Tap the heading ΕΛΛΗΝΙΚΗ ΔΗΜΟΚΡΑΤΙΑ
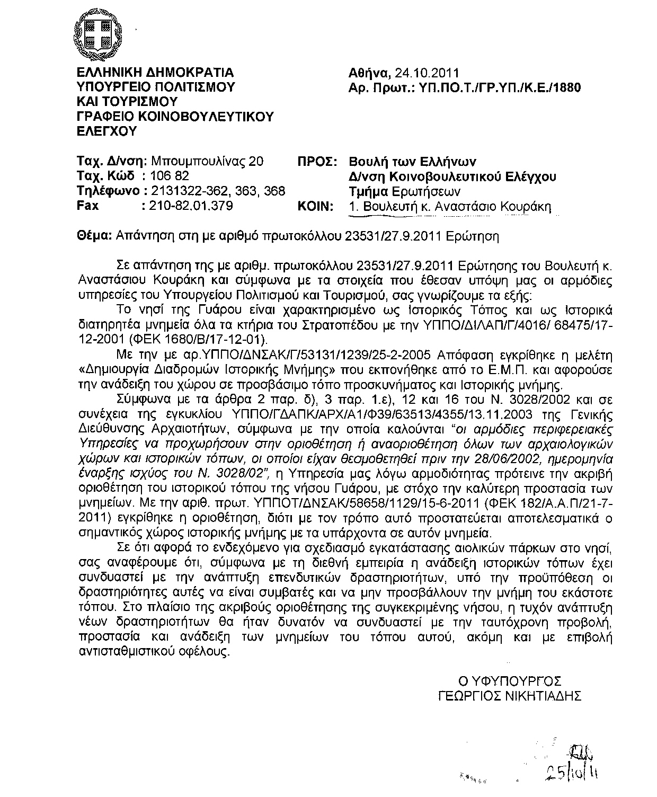click(x=155, y=73)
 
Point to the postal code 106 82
click(x=170, y=176)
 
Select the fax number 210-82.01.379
click(x=192, y=206)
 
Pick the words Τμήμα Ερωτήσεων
click(x=404, y=191)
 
